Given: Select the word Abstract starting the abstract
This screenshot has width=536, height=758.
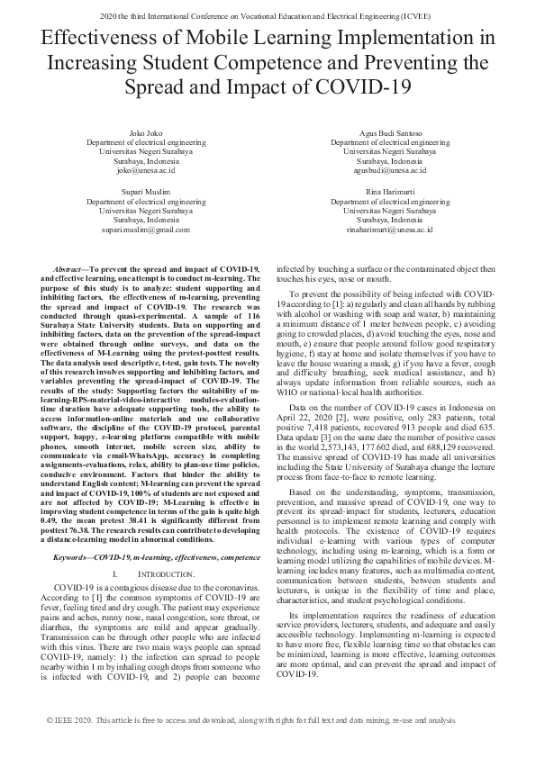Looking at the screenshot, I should click(69, 270).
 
